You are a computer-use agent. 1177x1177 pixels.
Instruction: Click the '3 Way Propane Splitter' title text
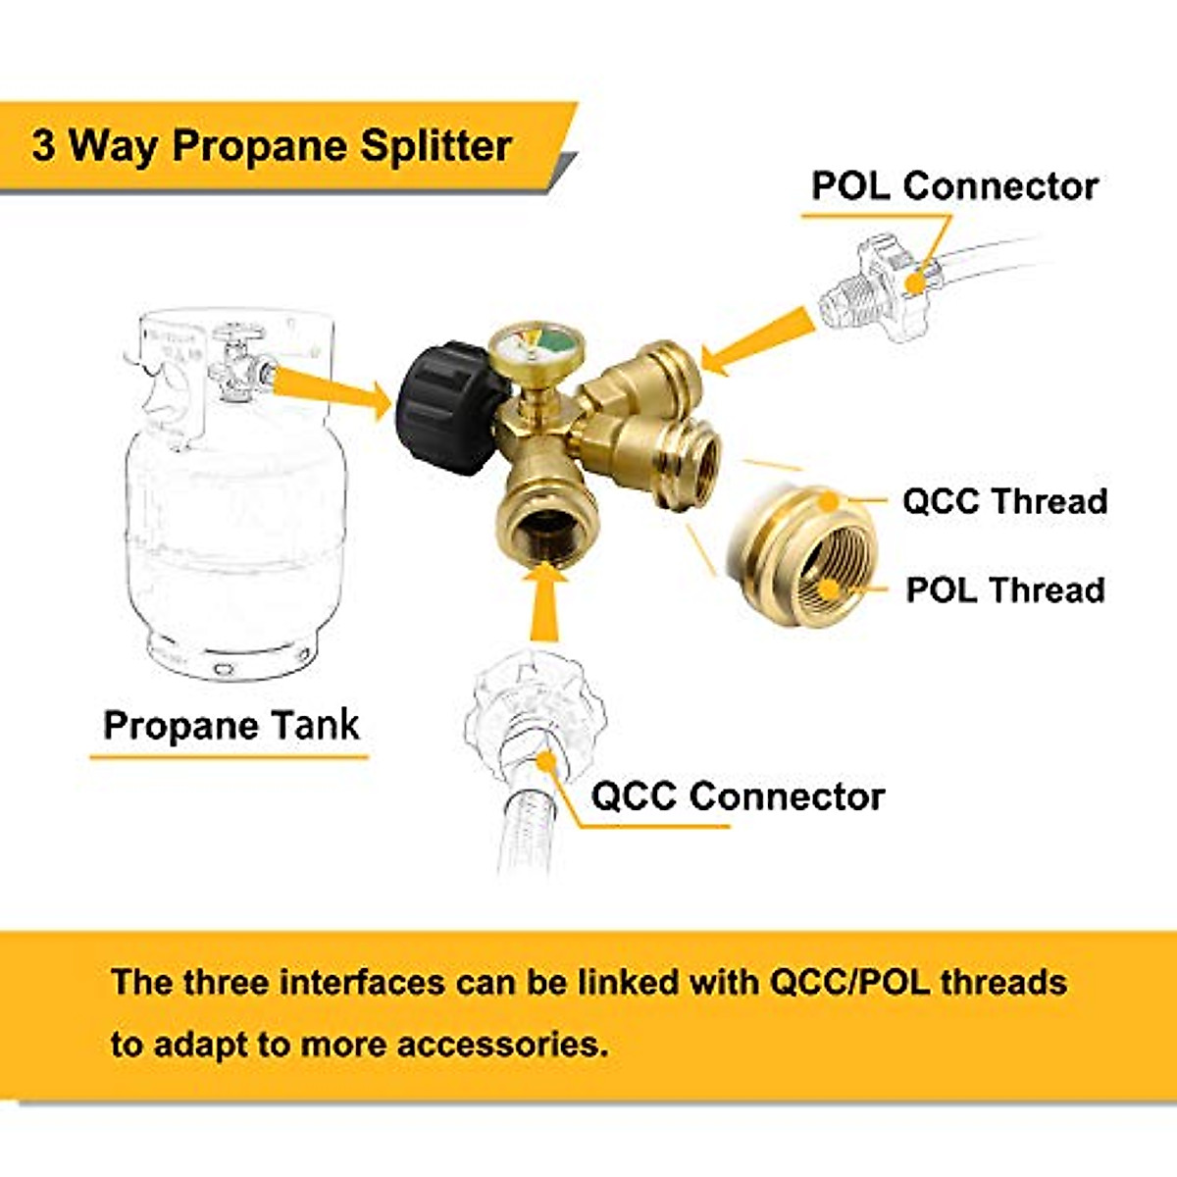[272, 147]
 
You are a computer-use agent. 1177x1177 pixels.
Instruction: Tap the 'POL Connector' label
[953, 186]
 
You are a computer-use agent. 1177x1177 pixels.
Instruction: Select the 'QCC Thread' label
[1003, 501]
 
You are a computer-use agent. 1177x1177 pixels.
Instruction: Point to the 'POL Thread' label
[1004, 590]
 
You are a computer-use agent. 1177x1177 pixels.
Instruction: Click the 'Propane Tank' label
[231, 726]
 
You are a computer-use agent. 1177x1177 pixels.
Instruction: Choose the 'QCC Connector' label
[738, 796]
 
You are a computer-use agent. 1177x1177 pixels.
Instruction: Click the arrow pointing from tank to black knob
[333, 388]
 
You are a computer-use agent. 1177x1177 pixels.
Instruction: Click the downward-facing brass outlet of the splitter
[539, 510]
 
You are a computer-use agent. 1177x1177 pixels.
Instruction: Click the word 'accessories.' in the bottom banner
[502, 1044]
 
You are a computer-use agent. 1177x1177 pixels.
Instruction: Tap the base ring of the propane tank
[230, 659]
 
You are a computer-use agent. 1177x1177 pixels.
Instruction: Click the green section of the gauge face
[555, 343]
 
